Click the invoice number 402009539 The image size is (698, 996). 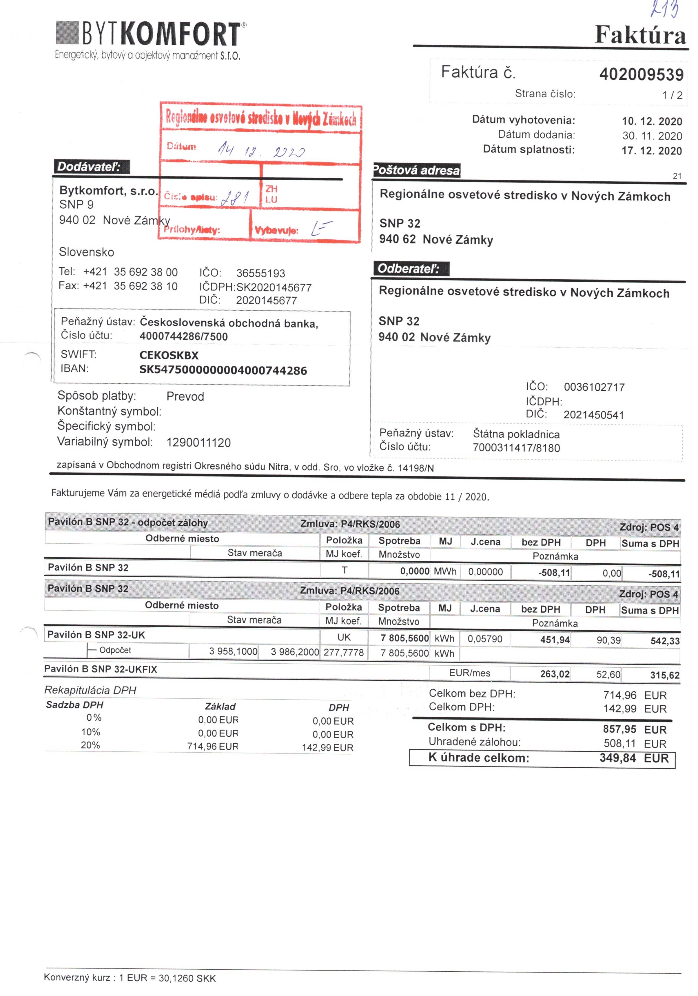641,74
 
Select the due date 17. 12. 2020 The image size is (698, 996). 652,151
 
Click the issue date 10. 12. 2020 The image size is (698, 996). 652,121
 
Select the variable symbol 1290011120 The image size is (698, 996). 198,443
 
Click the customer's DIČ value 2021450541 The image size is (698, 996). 593,415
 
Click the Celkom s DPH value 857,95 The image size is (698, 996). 619,729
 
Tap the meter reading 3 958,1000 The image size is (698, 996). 233,651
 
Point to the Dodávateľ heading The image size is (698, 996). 89,167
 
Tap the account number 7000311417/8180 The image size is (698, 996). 516,448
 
